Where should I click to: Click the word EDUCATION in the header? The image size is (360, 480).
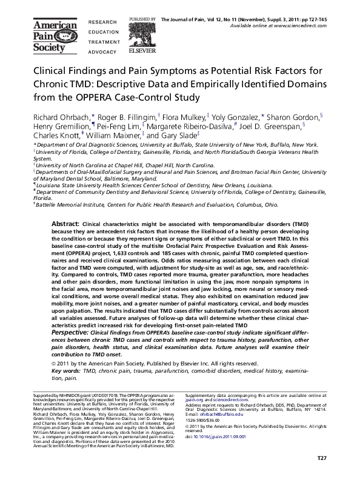102,33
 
